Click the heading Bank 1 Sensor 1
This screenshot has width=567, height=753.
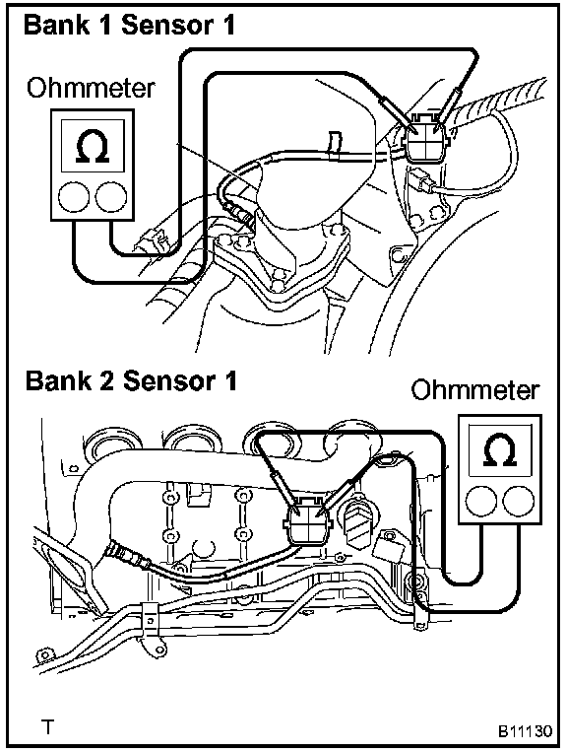coord(130,25)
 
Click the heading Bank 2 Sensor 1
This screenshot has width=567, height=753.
coord(131,380)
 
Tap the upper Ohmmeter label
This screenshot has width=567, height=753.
coord(91,89)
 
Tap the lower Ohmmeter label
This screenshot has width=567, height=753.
coord(474,391)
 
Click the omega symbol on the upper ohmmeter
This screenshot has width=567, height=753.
coord(93,147)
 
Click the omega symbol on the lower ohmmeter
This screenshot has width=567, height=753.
coord(500,450)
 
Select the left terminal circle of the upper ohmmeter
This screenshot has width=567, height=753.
coord(74,197)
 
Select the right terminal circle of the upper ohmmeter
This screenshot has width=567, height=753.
coord(111,197)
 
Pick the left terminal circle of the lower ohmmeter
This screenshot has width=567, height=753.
coord(481,501)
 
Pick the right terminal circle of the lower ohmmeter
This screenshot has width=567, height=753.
coord(519,501)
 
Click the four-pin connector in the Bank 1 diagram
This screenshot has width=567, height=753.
coord(426,138)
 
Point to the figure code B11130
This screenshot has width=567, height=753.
coord(525,730)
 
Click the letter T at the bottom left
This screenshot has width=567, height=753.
coord(47,727)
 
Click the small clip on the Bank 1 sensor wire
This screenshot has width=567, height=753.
coord(335,143)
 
